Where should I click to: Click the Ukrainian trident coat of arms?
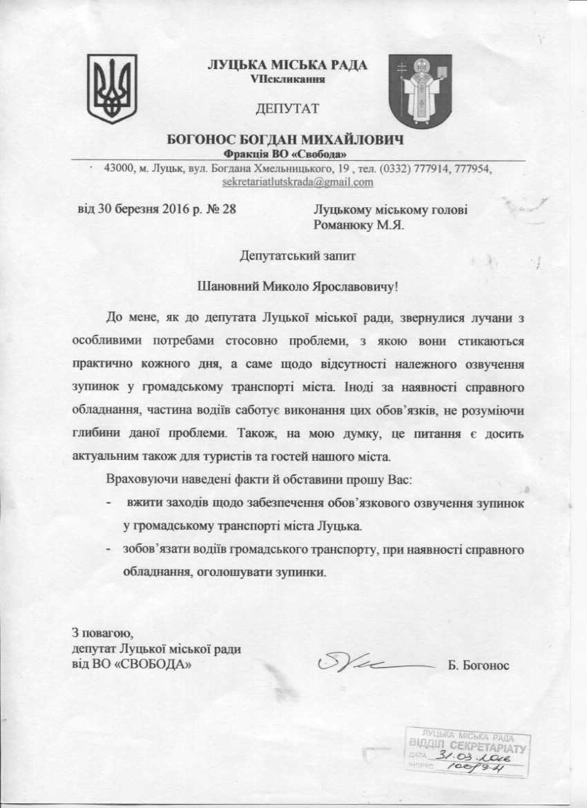pos(111,89)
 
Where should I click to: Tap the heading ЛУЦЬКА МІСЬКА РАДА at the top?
pos(287,66)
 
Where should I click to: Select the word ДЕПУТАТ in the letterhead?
pos(287,108)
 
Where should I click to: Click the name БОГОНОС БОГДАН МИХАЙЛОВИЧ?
pos(285,140)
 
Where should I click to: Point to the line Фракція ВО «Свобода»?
pos(285,153)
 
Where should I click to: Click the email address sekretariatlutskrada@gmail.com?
pos(298,182)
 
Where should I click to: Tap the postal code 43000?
pos(117,169)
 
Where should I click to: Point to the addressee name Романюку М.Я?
pos(358,224)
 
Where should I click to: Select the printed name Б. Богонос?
pos(478,666)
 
